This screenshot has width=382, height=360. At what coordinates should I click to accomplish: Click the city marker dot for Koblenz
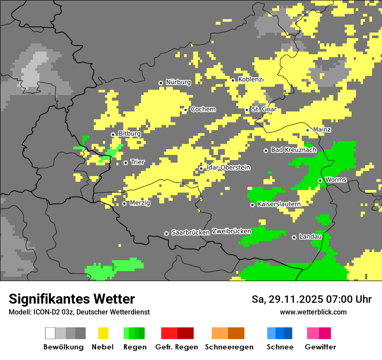(x=233, y=80)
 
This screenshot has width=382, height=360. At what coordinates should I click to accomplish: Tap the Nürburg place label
(x=178, y=82)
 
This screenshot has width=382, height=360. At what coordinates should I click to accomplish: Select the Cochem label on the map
(x=203, y=109)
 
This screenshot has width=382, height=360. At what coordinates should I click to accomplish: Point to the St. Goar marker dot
(x=247, y=110)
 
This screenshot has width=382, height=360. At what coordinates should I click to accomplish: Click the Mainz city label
(x=322, y=129)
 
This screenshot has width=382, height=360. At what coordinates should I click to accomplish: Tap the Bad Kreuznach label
(x=293, y=150)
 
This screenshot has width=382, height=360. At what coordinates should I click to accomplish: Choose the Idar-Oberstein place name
(x=228, y=167)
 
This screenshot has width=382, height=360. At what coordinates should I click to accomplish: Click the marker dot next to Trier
(x=126, y=163)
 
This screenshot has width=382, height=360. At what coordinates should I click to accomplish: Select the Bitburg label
(x=129, y=134)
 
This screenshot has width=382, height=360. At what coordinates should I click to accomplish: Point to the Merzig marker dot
(x=124, y=203)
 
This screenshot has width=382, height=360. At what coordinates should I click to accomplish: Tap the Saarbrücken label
(x=191, y=232)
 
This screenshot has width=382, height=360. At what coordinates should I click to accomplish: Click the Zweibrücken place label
(x=231, y=231)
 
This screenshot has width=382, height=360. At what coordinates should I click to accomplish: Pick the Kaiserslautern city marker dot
(x=252, y=204)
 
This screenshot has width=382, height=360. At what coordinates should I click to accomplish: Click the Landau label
(x=310, y=237)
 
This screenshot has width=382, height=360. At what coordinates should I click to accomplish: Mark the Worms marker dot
(x=320, y=180)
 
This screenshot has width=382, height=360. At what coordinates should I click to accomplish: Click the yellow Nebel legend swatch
(x=103, y=333)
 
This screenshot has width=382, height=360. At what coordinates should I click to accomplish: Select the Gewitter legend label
(x=320, y=347)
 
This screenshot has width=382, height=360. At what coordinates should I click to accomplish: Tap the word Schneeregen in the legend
(x=229, y=347)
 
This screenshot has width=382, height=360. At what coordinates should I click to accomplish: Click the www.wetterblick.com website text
(x=313, y=312)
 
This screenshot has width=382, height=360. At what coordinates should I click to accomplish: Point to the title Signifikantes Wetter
(x=72, y=299)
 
